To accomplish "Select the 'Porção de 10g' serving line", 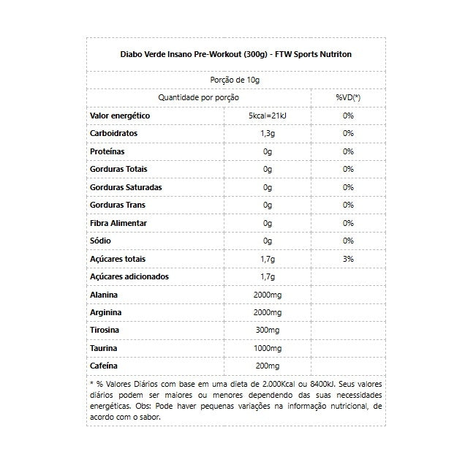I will (236, 80).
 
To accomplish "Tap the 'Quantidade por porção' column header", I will (198, 97).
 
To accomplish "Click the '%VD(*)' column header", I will (348, 97).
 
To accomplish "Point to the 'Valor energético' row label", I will (120, 116).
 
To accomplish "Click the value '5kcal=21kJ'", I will (268, 116).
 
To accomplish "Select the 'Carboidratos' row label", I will (113, 134).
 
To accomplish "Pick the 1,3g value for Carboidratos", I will (268, 134).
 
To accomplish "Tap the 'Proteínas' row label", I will (107, 151).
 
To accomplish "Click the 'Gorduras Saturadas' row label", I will (126, 187).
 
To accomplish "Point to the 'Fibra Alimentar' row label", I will (118, 223).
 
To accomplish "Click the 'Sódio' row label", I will (101, 241).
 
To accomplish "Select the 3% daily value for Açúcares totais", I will (348, 259).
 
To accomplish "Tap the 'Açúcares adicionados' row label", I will (129, 276).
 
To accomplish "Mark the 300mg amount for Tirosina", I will (268, 331).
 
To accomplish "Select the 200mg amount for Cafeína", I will (268, 366).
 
